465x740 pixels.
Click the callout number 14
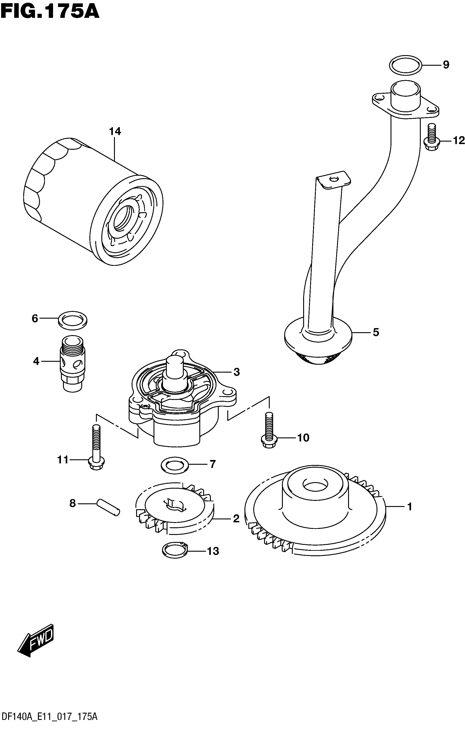[115, 131]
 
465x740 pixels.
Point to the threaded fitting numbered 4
[73, 363]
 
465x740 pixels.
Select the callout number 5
[376, 332]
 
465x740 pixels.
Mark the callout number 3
[236, 372]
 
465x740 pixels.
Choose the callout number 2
[236, 519]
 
